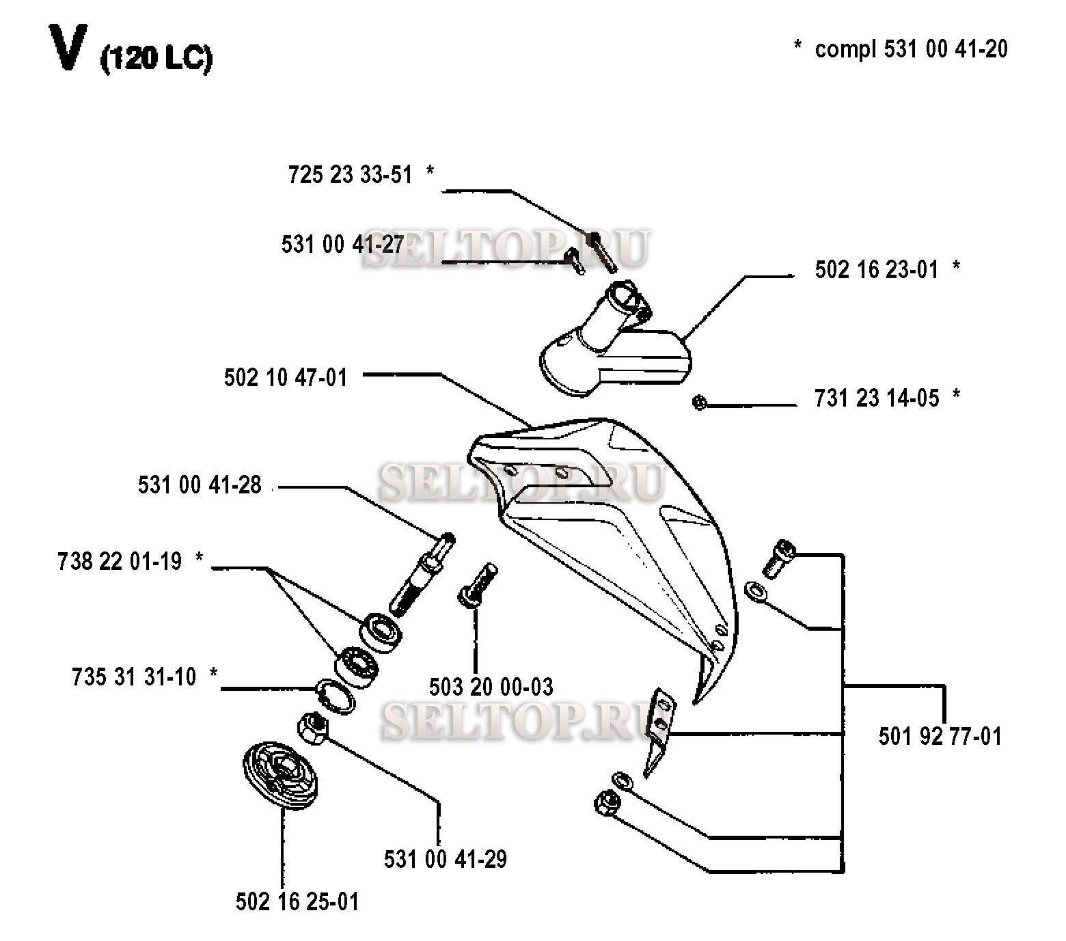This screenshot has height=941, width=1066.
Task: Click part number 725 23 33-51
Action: coord(351,175)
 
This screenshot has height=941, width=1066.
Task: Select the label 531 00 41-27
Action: coord(343,245)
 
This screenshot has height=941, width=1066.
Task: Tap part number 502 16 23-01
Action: coord(877,269)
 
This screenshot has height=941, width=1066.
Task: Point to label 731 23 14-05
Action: coord(877,398)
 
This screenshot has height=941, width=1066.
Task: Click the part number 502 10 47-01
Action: coord(286,378)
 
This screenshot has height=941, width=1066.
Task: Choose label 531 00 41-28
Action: coord(200,485)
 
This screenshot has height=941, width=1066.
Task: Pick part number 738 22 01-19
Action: coord(120,562)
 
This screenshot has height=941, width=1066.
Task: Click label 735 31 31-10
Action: coord(134,677)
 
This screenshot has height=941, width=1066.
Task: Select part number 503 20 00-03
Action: coord(491,687)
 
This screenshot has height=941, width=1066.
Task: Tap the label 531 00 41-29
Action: coord(446,860)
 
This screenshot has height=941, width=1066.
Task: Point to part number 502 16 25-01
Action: coord(297,902)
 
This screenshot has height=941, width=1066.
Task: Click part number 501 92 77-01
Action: coord(940,737)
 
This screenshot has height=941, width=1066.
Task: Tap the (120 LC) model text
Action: coord(156,59)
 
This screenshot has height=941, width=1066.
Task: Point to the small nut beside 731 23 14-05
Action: coord(698,403)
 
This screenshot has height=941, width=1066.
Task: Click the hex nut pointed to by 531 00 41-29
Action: coord(314,726)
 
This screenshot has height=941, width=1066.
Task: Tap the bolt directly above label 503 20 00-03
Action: coord(478,584)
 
